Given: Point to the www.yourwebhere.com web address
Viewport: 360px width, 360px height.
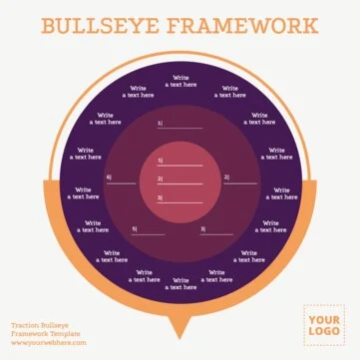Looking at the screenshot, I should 47,343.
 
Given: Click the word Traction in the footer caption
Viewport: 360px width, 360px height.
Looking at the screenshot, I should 27,325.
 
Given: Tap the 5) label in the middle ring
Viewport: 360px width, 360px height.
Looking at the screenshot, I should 135,229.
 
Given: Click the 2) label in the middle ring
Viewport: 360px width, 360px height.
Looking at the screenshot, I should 226,178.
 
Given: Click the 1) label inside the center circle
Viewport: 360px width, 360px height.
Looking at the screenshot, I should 160,161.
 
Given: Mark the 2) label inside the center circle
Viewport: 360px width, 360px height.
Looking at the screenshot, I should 160,179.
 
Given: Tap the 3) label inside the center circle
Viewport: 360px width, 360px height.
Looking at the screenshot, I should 160,197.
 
